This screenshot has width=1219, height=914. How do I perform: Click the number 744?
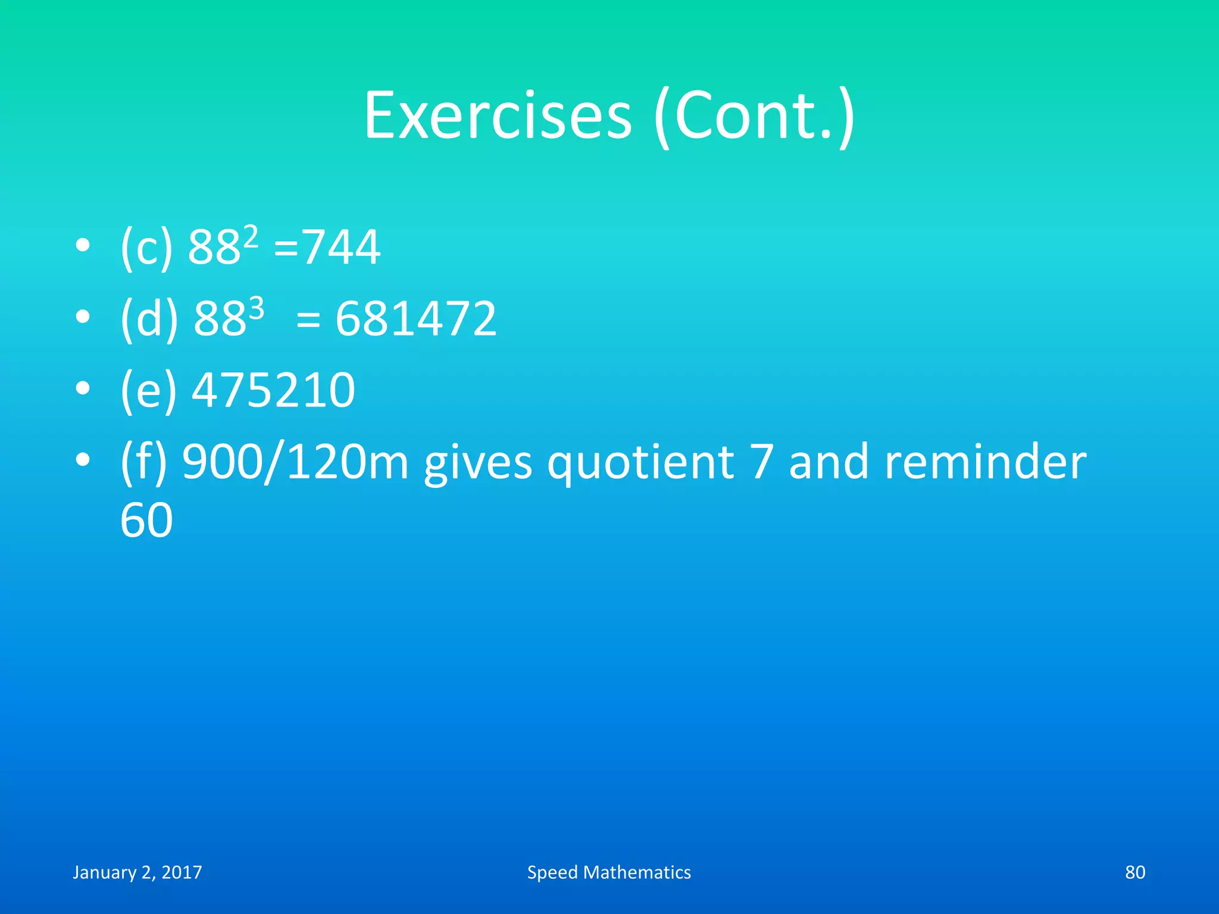[342, 248]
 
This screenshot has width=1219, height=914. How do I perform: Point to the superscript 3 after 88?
[256, 309]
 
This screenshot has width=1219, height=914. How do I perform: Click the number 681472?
[415, 319]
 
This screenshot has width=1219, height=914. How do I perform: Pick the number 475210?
[273, 390]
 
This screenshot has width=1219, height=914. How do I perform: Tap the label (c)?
[146, 248]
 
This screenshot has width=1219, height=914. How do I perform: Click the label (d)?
[149, 319]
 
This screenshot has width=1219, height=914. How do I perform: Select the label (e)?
[148, 390]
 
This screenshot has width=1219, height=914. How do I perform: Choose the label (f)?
[143, 462]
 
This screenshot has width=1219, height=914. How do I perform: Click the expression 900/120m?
[295, 462]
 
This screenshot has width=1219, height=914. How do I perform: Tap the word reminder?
[985, 462]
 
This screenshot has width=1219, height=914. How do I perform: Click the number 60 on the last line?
[146, 520]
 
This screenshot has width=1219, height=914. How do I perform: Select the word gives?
[478, 462]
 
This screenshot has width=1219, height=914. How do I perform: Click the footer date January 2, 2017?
[137, 872]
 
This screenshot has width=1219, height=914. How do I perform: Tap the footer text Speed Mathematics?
[609, 872]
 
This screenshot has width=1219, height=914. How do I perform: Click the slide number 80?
[1134, 872]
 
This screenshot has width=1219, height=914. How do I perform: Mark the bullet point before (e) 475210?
[83, 389]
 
